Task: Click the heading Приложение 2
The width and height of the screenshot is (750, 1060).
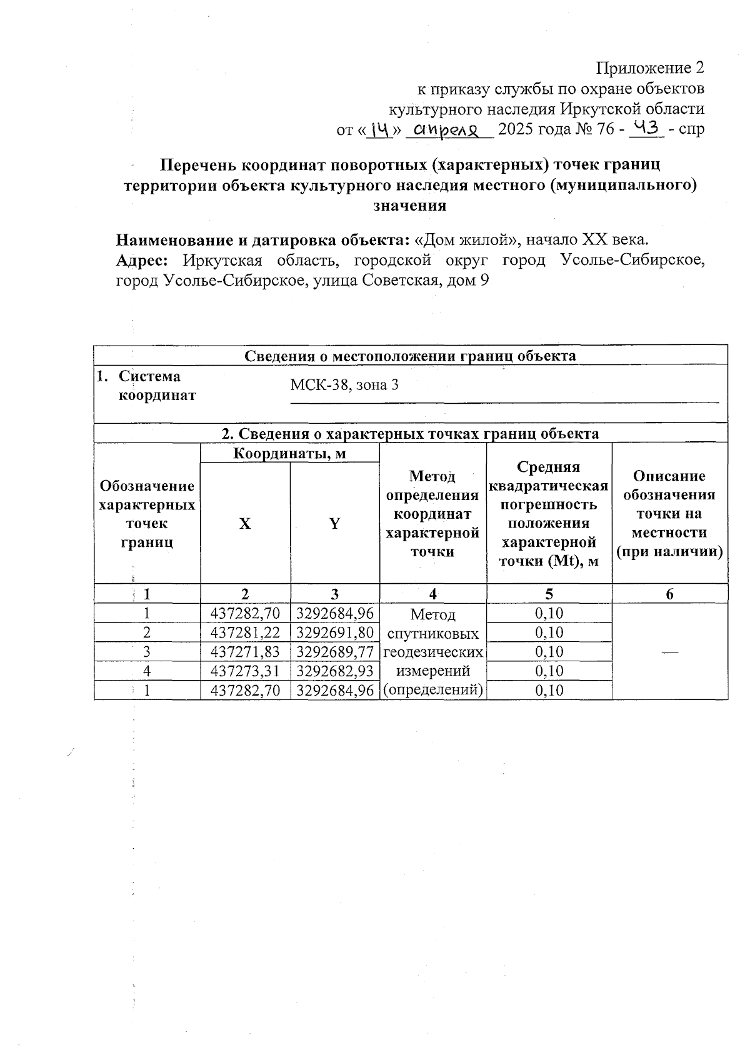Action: point(650,67)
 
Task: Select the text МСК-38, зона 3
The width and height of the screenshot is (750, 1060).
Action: point(344,385)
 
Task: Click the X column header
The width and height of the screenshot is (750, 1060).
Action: point(245,524)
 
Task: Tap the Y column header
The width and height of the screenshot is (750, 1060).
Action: point(335,524)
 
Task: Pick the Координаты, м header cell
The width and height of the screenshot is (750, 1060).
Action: point(289,453)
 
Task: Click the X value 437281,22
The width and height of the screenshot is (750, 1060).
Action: point(246,632)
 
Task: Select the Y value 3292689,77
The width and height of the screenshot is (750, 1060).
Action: point(335,652)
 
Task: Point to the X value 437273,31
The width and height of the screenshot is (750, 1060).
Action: point(246,671)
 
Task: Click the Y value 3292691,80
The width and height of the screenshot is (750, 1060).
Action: point(335,632)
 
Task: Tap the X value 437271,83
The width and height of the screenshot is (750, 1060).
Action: point(246,652)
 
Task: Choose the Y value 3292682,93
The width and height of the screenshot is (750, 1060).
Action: point(335,671)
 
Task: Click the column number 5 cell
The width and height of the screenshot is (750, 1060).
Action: point(549,594)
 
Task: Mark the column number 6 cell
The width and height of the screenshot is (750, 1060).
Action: point(669,594)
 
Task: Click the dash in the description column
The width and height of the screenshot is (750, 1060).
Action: point(669,652)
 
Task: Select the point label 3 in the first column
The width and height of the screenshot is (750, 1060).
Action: point(147,652)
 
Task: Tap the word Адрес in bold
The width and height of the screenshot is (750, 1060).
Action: point(141,261)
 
